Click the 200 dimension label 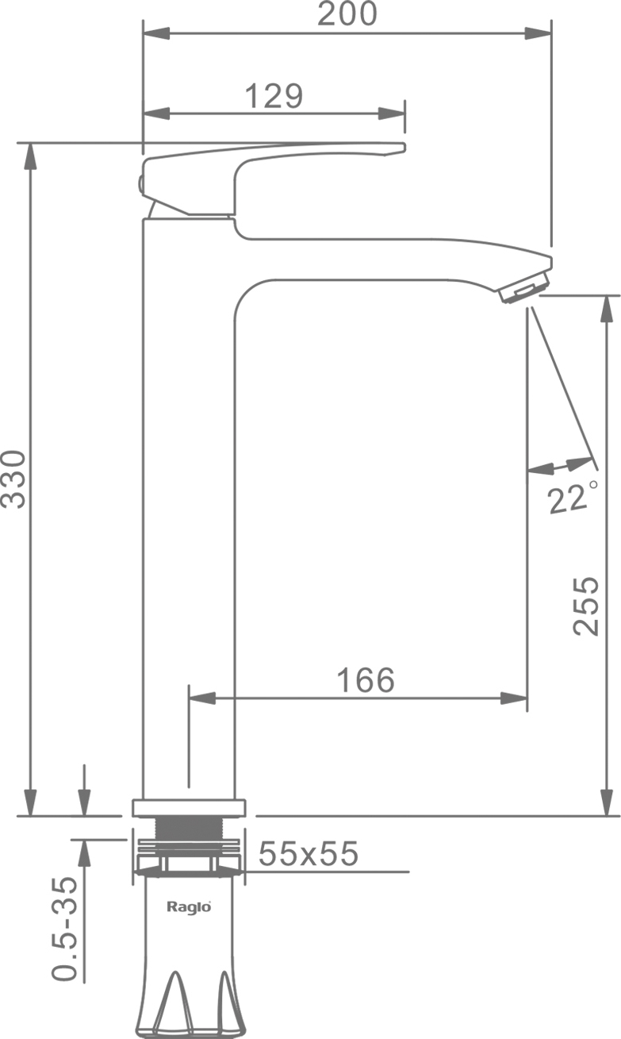(x=347, y=13)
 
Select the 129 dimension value (x=274, y=96)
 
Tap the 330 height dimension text (x=14, y=479)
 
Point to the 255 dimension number (x=586, y=606)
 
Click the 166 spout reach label (x=366, y=680)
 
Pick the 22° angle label (x=573, y=498)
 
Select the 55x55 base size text (x=309, y=853)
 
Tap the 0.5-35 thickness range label (x=64, y=928)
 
